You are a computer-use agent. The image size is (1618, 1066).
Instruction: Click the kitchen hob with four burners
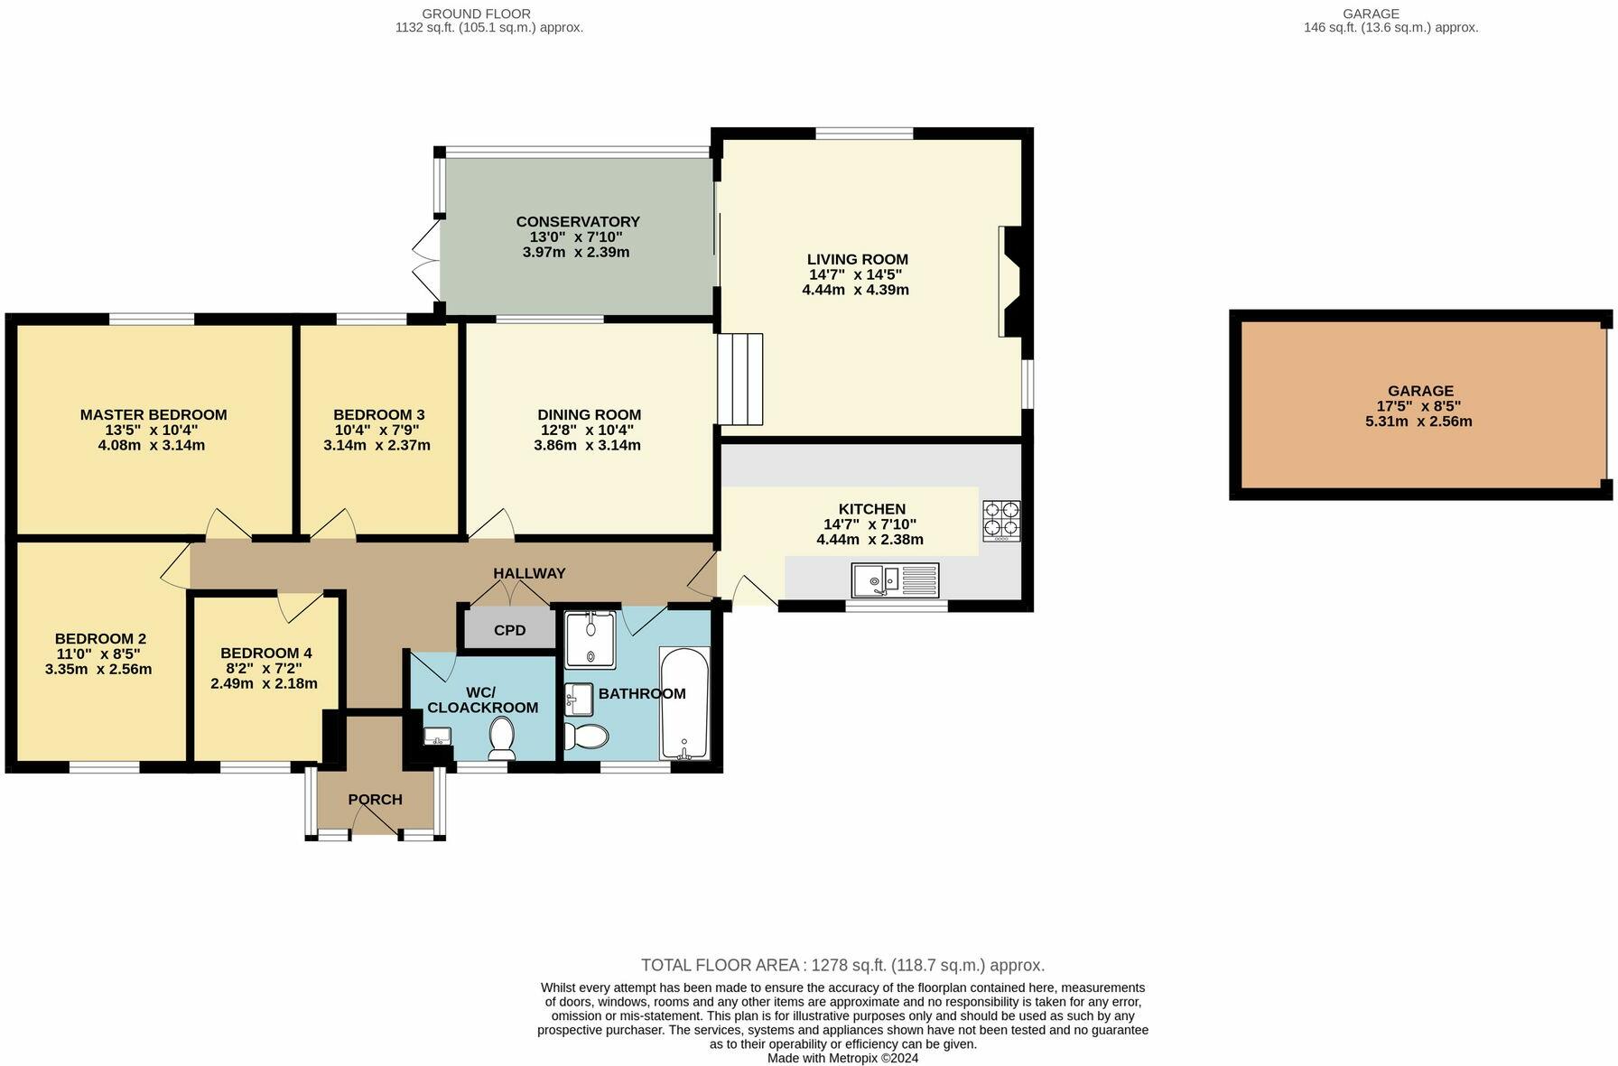coord(1001,520)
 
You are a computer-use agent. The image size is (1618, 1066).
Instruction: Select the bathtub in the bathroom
coord(684,702)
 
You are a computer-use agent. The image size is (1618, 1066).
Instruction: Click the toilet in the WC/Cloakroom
coord(501,737)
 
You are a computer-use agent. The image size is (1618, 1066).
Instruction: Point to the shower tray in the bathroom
coord(590,639)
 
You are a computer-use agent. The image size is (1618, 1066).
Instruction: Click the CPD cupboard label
coord(509,630)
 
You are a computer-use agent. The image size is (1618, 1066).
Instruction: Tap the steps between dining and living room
coord(740,379)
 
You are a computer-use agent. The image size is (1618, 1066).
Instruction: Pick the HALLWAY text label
coord(529,573)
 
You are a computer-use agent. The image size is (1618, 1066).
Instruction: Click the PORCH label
coord(375,800)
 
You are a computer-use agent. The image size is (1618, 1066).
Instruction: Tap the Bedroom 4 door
coord(299,607)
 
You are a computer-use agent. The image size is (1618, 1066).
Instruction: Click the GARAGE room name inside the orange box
coord(1420,391)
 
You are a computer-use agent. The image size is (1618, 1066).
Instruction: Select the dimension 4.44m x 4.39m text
coord(855,290)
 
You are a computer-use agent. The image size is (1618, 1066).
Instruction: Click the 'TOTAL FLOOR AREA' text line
coord(842,965)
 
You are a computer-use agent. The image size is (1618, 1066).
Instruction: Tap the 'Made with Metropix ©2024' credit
coord(842,1058)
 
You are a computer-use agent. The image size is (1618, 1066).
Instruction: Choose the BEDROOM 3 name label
coord(378,415)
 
